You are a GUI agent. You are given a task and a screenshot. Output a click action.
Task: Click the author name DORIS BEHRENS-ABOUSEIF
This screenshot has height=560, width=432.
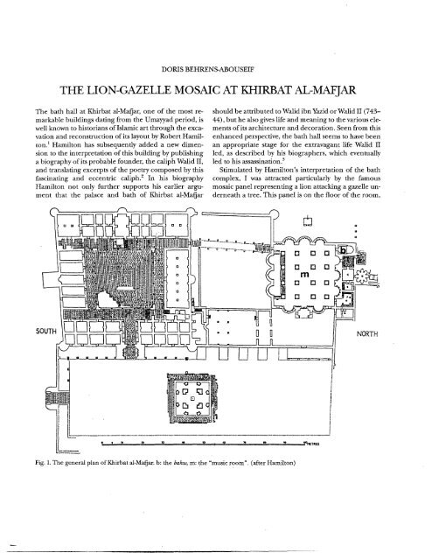click(208, 70)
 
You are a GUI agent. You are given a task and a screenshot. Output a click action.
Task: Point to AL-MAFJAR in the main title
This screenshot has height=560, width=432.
click(325, 90)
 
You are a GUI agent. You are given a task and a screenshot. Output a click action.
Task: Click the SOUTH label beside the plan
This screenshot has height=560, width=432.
click(46, 331)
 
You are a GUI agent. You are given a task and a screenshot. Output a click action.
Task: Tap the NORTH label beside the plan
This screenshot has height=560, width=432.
click(367, 334)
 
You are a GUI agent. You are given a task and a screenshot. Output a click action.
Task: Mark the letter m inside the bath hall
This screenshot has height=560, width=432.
click(304, 275)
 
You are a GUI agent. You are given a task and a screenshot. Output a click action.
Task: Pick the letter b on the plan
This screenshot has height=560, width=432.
click(343, 250)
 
